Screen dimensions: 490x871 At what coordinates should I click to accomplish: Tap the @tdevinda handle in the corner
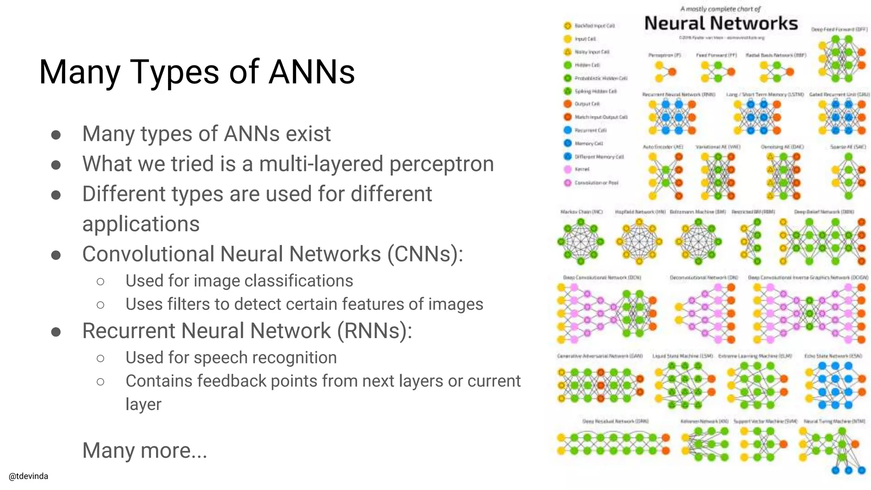[x=28, y=476]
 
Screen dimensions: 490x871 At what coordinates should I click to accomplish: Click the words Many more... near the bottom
[x=145, y=450]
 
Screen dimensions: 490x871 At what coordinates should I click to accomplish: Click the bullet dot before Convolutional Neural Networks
[x=56, y=255]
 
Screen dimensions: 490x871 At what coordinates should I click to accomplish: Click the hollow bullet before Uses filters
[x=100, y=305]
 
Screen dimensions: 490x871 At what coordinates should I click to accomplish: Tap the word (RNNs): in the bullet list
[x=375, y=331]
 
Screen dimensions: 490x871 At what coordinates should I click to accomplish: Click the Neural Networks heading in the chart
[x=721, y=23]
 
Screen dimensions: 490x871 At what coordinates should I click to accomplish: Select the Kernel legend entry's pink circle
[x=567, y=169]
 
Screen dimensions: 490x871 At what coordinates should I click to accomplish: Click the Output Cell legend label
[x=587, y=104]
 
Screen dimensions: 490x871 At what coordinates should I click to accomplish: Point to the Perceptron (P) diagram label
[x=664, y=55]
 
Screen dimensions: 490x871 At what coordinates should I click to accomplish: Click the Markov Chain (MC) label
[x=581, y=212]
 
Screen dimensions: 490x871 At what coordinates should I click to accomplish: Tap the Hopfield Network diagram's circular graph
[x=639, y=241]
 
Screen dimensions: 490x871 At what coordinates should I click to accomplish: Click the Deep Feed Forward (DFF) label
[x=839, y=29]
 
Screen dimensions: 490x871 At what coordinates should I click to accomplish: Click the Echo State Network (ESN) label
[x=833, y=356]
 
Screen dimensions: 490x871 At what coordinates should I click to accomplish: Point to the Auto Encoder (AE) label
[x=663, y=147]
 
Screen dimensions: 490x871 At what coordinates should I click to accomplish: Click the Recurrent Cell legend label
[x=590, y=130]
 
